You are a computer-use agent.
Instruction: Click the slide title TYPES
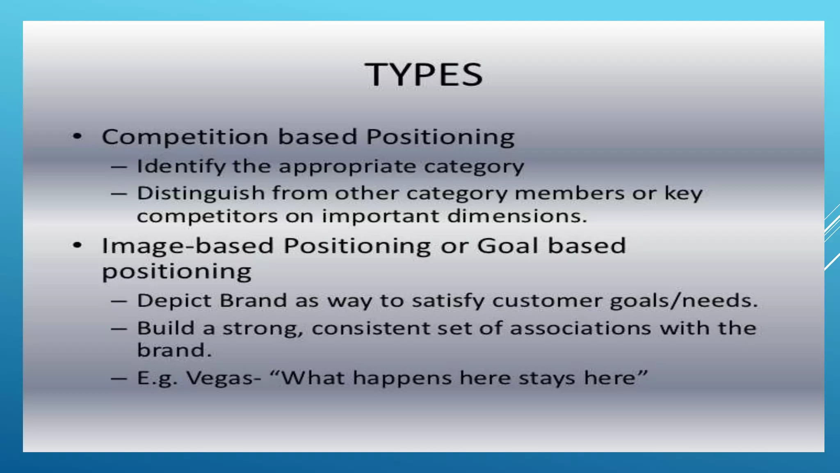424,75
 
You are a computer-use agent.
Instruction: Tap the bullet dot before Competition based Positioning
78,136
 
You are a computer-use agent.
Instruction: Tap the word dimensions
517,216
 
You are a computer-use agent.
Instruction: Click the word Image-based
187,246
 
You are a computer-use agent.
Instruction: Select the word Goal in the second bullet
507,246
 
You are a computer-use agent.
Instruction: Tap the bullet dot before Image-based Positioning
78,246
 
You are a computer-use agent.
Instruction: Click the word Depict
173,301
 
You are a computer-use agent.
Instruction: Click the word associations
580,328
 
